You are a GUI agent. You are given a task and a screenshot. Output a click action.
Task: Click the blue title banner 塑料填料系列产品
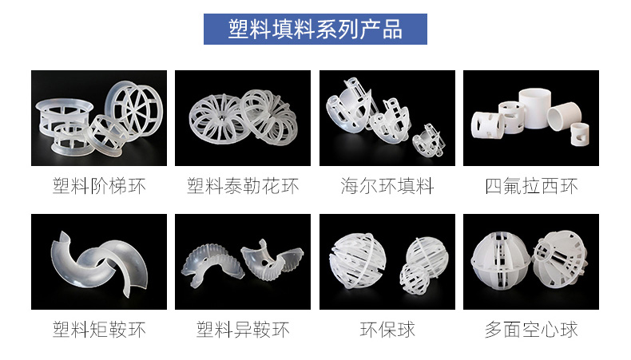(315, 30)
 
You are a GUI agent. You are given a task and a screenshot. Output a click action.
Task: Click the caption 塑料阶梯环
(99, 187)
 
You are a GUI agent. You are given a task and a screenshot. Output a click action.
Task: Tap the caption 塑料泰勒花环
(243, 187)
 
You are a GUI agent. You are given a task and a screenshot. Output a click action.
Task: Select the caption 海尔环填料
(387, 187)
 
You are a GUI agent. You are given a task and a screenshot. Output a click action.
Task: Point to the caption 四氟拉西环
(531, 187)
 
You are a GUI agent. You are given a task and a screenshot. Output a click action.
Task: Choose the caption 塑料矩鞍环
(99, 329)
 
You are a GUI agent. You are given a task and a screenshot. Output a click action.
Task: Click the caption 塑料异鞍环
(243, 329)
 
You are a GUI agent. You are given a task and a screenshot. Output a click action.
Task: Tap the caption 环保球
(387, 329)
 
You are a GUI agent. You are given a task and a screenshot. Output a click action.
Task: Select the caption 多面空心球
(531, 329)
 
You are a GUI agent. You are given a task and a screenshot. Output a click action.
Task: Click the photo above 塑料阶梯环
(99, 118)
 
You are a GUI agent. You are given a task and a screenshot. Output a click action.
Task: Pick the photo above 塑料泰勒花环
(243, 118)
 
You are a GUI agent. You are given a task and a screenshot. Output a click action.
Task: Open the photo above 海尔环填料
(387, 118)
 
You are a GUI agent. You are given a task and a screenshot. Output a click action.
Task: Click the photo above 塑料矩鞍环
(99, 262)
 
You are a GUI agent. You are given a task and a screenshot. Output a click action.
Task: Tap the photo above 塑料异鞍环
(243, 262)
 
